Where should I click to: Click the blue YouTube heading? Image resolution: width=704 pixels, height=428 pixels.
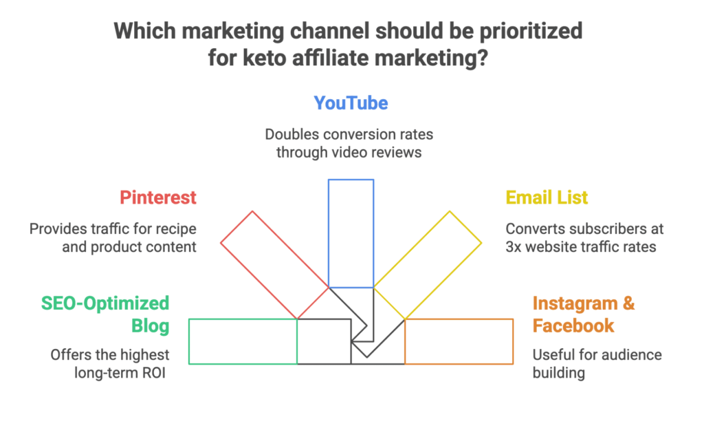point(351,103)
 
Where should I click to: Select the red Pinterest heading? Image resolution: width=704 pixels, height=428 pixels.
point(158,197)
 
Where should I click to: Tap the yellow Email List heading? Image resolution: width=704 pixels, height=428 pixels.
point(547,197)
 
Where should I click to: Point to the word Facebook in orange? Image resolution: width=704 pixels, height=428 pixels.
point(573,325)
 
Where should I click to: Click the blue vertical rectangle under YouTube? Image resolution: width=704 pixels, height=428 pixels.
point(351,233)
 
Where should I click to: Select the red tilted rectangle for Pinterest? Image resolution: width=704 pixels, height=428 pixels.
point(274,265)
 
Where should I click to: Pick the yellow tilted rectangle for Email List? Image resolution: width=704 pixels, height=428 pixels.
point(428,265)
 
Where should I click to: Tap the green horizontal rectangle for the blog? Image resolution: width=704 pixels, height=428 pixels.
point(242,341)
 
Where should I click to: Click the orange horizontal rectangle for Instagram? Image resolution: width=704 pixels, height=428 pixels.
point(459,341)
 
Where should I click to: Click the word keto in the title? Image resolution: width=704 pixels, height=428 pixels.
point(260,58)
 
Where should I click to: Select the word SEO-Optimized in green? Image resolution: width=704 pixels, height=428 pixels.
point(105,303)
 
